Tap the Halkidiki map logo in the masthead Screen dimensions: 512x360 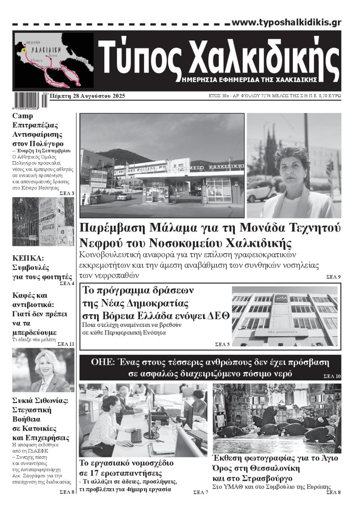(x=54, y=60)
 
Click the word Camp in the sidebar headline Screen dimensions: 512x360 (x=22, y=116)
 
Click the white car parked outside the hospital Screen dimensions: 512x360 (x=124, y=196)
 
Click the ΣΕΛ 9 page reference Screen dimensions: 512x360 (x=333, y=276)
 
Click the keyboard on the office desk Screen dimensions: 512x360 (x=136, y=435)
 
